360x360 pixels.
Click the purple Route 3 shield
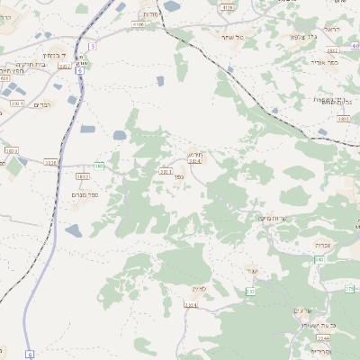92,45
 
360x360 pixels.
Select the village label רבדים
43,104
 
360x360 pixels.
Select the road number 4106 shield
138,25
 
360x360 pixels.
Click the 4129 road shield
227,6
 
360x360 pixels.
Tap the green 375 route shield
349,289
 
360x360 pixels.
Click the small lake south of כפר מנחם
74,231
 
